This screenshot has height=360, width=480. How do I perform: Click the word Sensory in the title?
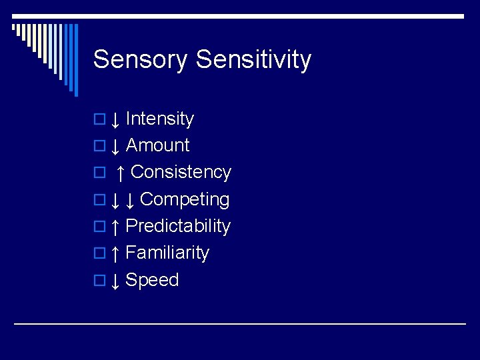click(141, 60)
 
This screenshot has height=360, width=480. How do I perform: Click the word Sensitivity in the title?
click(254, 60)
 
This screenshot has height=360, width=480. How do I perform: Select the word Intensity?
click(159, 119)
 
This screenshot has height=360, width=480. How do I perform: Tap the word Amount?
click(157, 145)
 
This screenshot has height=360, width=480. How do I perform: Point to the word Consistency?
click(181, 172)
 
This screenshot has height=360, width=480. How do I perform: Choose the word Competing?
click(185, 199)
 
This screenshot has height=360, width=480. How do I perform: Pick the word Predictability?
click(177, 226)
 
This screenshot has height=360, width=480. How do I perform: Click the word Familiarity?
click(167, 253)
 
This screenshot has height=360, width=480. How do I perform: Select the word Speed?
click(152, 280)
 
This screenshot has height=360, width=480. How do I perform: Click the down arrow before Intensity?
click(115, 120)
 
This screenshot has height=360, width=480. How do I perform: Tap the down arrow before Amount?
click(115, 147)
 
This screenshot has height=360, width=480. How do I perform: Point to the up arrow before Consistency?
click(120, 173)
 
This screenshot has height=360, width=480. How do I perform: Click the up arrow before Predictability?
click(115, 227)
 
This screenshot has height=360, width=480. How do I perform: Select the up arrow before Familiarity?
click(115, 254)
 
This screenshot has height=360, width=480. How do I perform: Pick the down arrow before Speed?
click(115, 281)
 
